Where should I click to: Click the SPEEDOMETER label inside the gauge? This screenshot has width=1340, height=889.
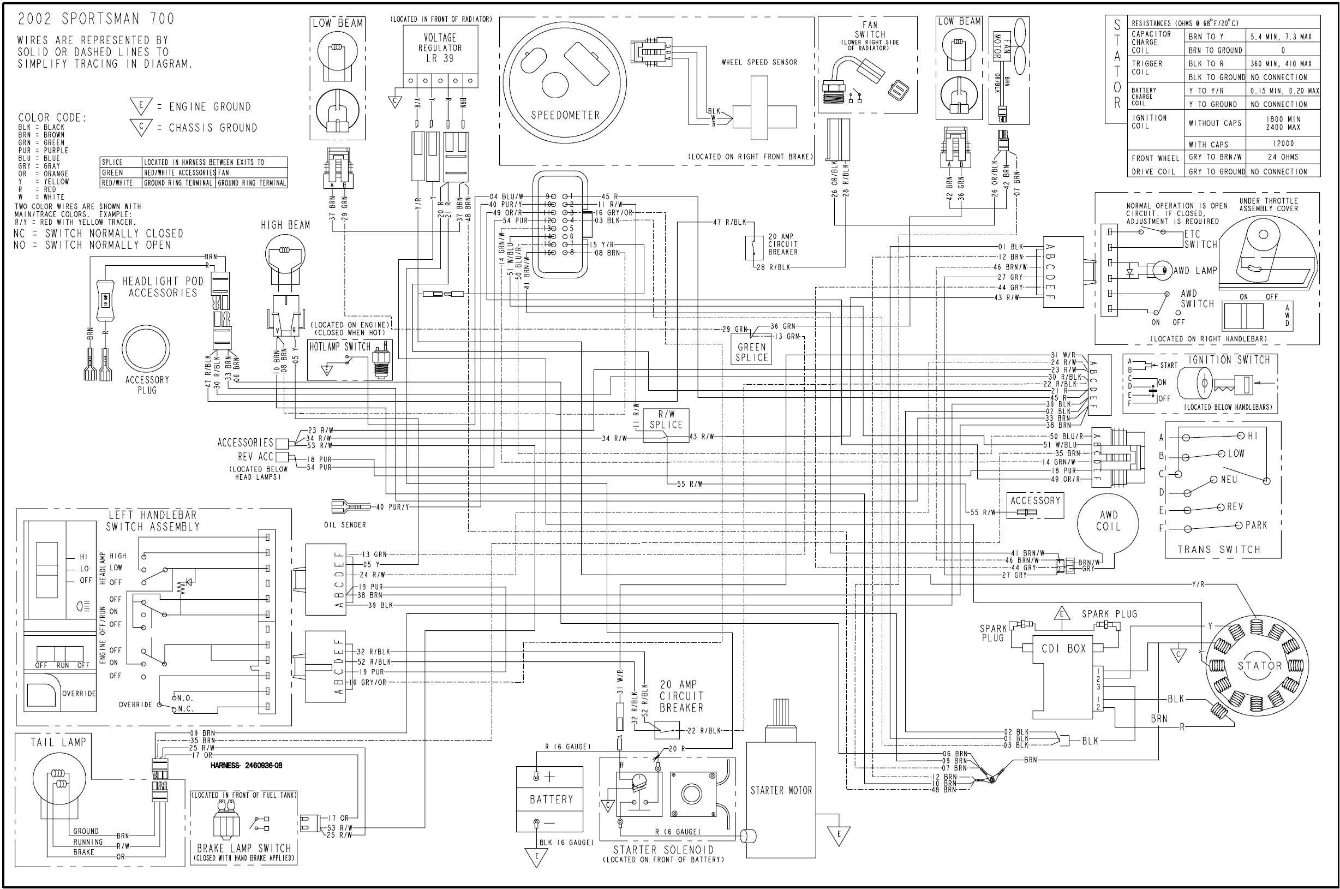coord(565,115)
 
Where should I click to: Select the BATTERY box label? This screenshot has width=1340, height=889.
coord(551,799)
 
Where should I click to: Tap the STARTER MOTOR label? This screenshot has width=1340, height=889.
coord(781,790)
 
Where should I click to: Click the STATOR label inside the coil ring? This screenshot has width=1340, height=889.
coord(1259,666)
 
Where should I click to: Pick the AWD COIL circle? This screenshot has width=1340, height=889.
coord(1108,521)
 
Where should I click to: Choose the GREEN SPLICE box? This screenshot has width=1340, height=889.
coord(752,352)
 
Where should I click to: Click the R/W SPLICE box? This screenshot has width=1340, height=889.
coord(666,420)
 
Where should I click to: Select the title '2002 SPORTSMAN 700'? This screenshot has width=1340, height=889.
coord(96,19)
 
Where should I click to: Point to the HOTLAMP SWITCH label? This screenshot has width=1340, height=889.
coord(339,347)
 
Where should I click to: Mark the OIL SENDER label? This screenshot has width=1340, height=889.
coord(345,525)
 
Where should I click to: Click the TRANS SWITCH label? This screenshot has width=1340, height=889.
coord(1219,550)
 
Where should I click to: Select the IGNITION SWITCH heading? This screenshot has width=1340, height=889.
coord(1229,360)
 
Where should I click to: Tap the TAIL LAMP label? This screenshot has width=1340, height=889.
coord(58,742)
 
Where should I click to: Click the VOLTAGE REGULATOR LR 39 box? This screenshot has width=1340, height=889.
coord(440,48)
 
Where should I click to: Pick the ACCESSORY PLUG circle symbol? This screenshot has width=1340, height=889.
coord(146,349)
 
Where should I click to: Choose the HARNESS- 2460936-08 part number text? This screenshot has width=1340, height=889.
coord(246,766)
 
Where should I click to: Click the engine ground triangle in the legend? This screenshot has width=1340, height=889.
coord(141,105)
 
